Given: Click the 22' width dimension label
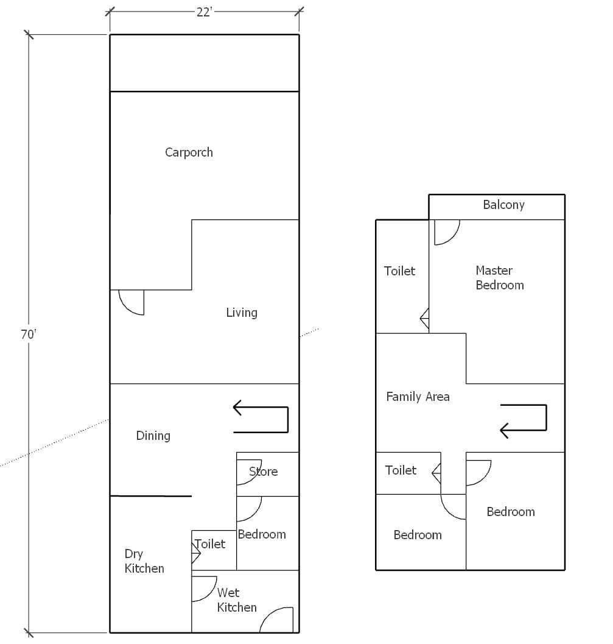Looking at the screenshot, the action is pyautogui.click(x=204, y=12).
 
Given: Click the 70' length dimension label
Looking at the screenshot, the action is pyautogui.click(x=29, y=334).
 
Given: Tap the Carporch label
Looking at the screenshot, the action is pyautogui.click(x=189, y=152).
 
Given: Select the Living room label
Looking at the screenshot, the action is pyautogui.click(x=242, y=313).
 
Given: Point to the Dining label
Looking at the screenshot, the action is pyautogui.click(x=153, y=436).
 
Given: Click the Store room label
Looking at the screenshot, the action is pyautogui.click(x=264, y=472).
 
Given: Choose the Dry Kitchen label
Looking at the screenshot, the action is pyautogui.click(x=144, y=561).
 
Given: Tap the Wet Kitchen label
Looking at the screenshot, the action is pyautogui.click(x=237, y=600).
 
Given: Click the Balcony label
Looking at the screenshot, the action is pyautogui.click(x=503, y=205).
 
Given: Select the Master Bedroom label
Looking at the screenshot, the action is pyautogui.click(x=500, y=278).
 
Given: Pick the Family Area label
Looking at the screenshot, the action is pyautogui.click(x=418, y=397).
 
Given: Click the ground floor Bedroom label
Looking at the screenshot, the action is pyautogui.click(x=262, y=534).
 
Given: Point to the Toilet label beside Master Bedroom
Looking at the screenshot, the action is pyautogui.click(x=400, y=271).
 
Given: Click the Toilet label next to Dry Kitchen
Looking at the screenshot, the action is pyautogui.click(x=210, y=544).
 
